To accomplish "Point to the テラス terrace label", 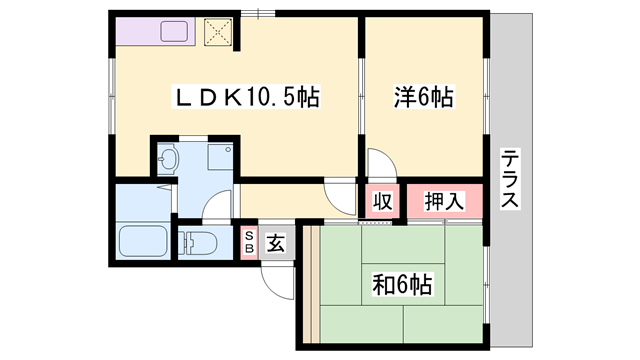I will pyautogui.click(x=509, y=179).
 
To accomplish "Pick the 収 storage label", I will pyautogui.click(x=381, y=201).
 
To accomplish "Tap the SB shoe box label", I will pyautogui.click(x=249, y=242).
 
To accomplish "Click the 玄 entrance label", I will pyautogui.click(x=277, y=242).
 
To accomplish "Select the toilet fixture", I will pyautogui.click(x=198, y=241).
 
